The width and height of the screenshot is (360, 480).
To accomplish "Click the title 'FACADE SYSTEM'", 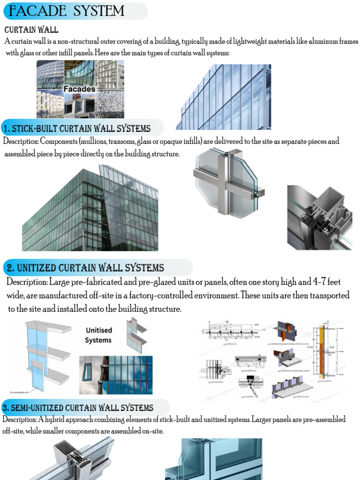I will tap(67, 11).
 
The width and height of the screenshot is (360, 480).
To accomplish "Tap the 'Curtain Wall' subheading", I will tap(31, 30).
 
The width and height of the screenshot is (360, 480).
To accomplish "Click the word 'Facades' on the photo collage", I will tap(80, 89).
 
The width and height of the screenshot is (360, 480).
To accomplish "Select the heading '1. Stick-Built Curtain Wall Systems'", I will tap(77, 128).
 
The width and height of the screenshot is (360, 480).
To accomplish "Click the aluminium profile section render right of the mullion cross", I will tap(319, 217).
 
